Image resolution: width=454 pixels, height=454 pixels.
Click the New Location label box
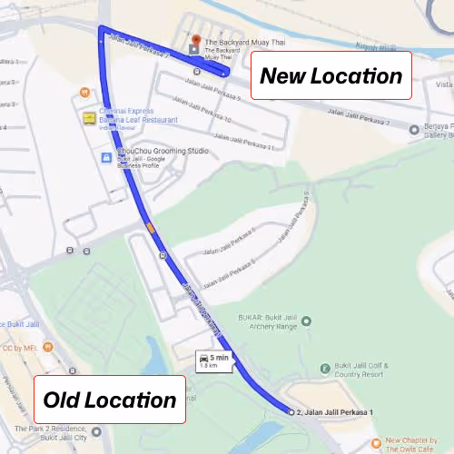[331, 75]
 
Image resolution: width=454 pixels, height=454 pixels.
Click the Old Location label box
[110, 400]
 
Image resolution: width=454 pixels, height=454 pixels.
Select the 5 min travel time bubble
[215, 360]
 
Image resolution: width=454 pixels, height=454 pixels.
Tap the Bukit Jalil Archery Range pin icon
[306, 321]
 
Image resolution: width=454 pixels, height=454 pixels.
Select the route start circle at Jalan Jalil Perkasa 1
[291, 412]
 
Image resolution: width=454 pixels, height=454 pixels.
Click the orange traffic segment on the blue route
[150, 226]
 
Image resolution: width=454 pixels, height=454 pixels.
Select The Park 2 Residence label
[54, 432]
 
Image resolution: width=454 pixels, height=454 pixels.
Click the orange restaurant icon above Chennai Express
[84, 92]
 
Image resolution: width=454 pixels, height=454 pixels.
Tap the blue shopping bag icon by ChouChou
[107, 157]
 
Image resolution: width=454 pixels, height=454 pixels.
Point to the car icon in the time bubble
[204, 357]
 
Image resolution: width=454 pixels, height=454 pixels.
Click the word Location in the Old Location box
[135, 400]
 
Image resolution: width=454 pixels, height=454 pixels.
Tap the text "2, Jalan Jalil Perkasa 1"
[335, 413]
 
